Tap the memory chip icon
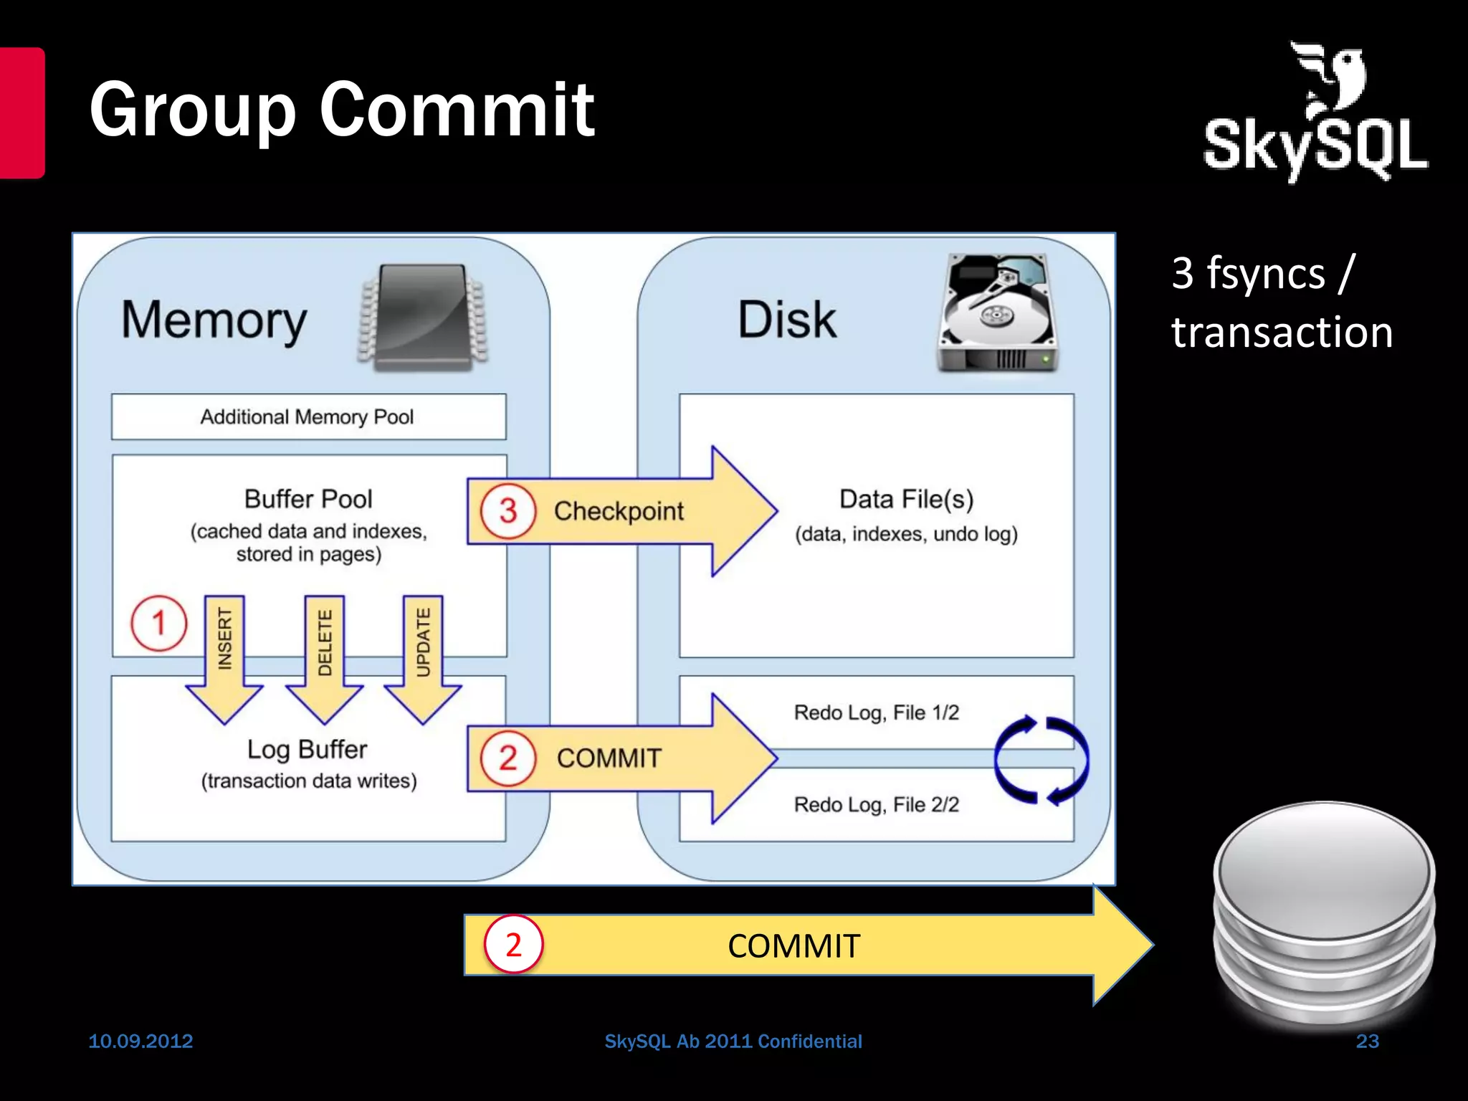point(423,317)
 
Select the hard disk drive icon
point(997,313)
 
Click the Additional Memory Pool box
point(308,416)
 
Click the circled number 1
point(158,623)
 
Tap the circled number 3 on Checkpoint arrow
point(508,511)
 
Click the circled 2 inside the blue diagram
point(508,758)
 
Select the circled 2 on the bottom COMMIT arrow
point(513,945)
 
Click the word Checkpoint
point(619,511)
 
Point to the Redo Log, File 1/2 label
point(876,712)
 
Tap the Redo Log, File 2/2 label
point(876,804)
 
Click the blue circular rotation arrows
point(1041,760)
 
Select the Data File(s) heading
point(906,499)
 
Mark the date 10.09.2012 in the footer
point(140,1041)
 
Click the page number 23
point(1367,1041)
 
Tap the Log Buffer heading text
point(308,749)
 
